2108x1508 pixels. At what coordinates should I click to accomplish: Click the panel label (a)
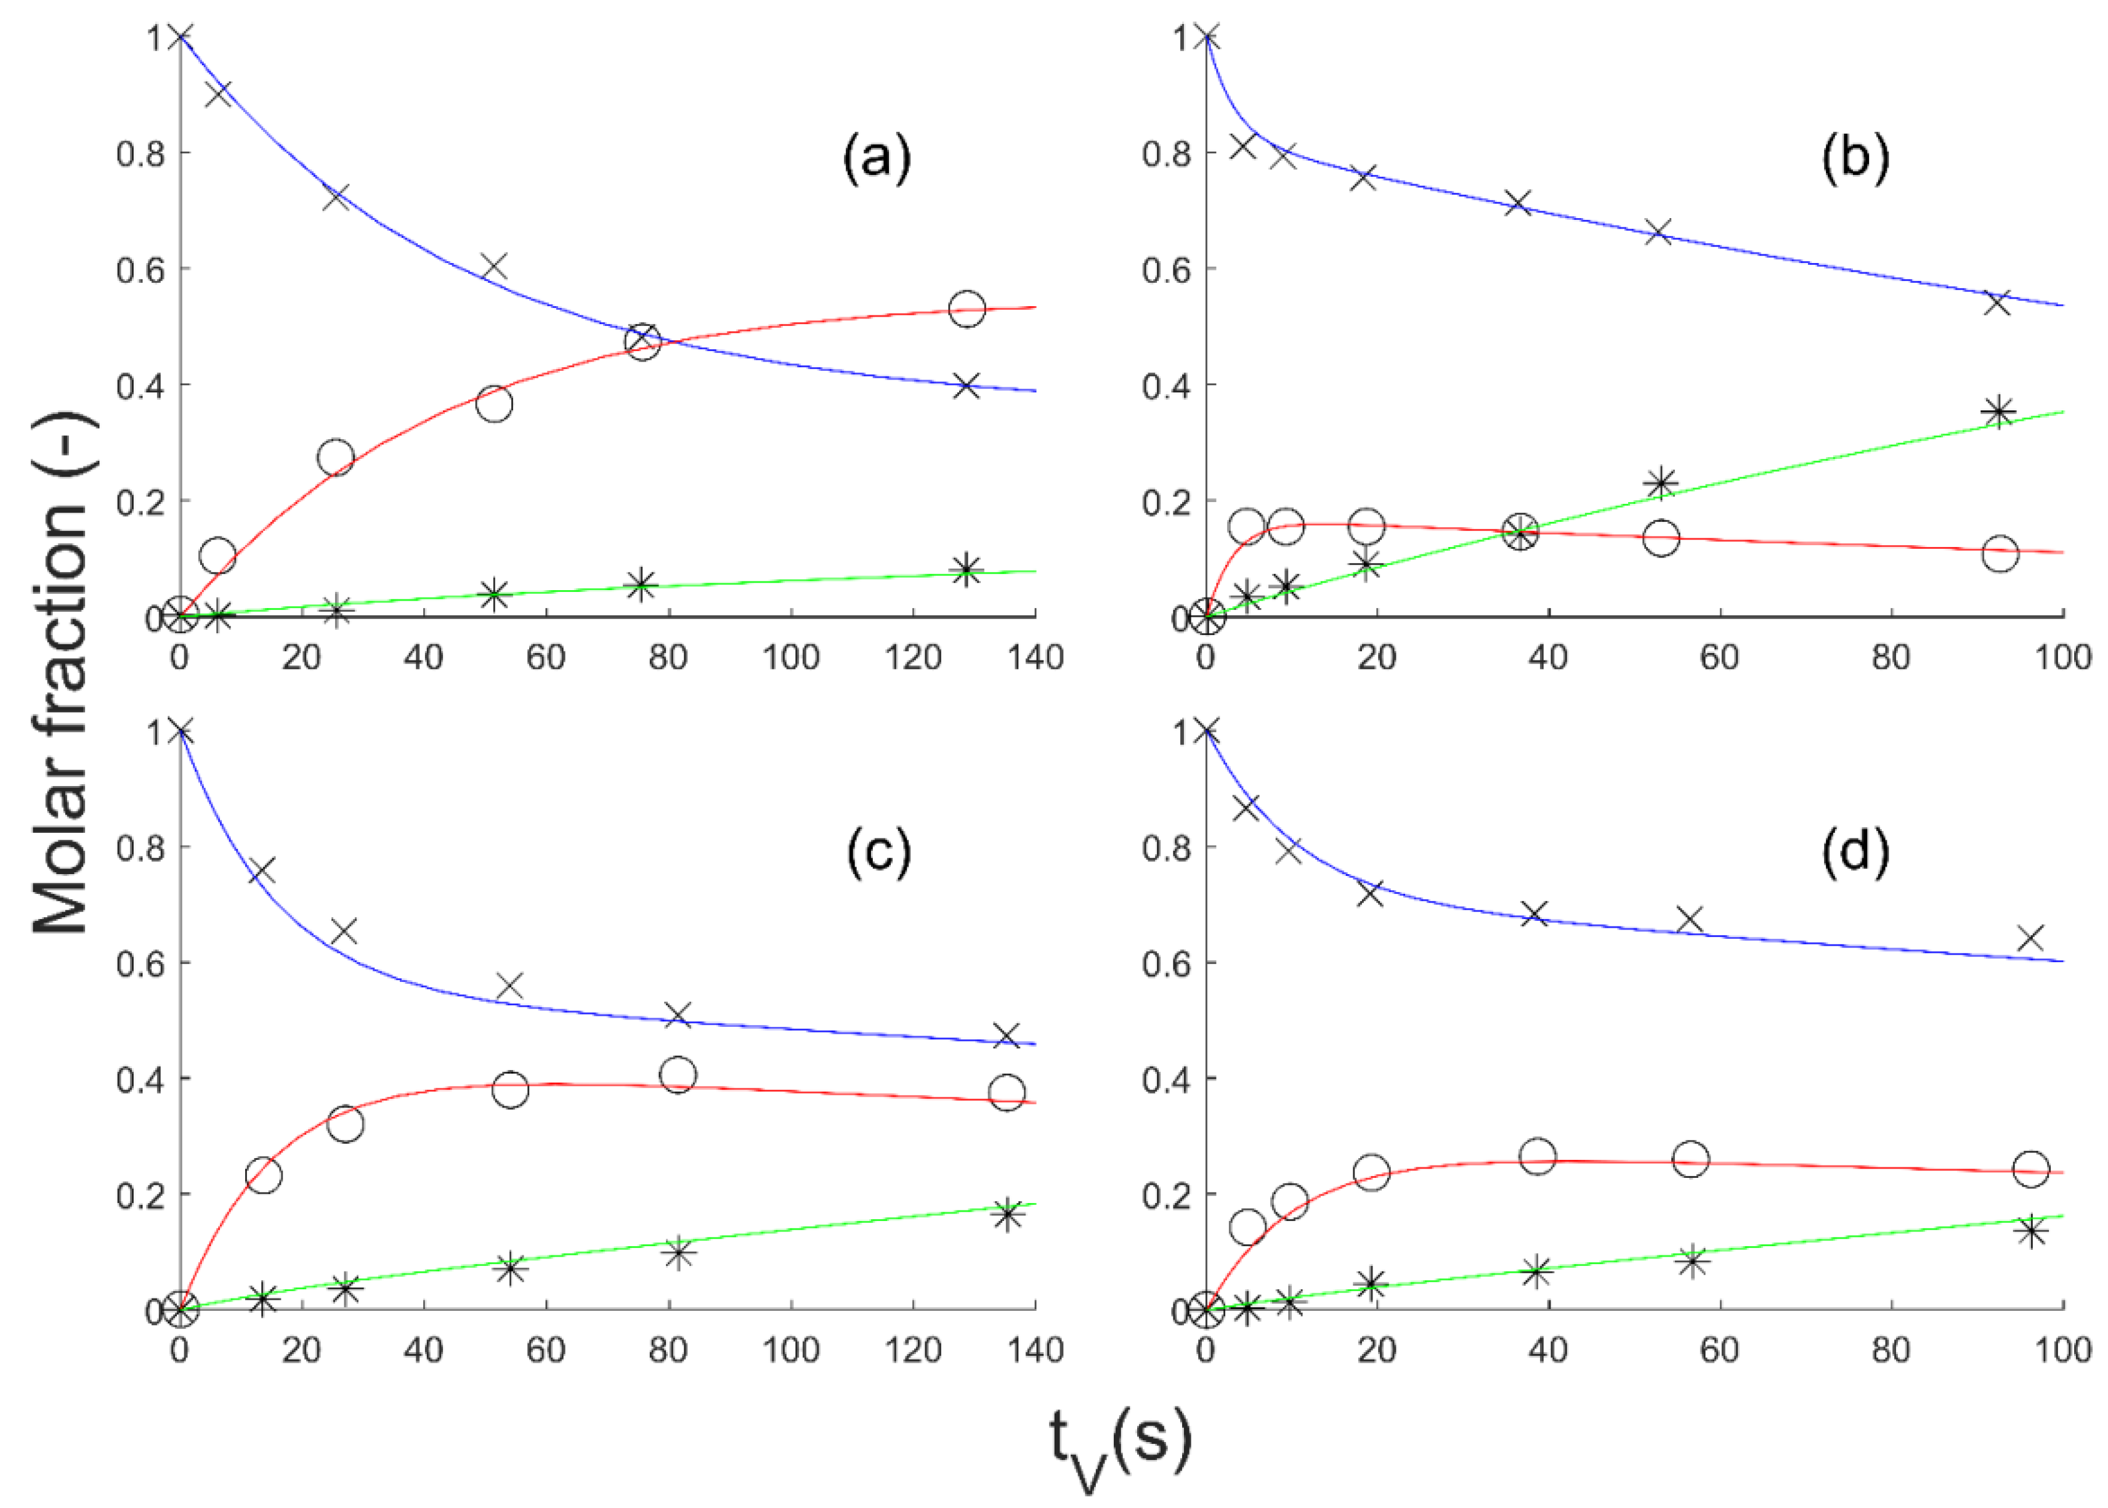pos(876,158)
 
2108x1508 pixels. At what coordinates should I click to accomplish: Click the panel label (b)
pos(1854,158)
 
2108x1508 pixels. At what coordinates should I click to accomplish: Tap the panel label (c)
pos(878,851)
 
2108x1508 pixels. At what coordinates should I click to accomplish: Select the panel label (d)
pos(1854,851)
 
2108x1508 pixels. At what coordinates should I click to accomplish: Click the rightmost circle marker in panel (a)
pos(967,308)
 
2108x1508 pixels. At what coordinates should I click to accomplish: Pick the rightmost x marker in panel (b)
pos(1997,302)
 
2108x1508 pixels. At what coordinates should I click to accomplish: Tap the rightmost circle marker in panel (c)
pos(1007,1092)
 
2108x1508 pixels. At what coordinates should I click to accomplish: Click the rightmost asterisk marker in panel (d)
pos(2031,1232)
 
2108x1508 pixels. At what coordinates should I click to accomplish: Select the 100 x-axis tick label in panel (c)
pos(790,1350)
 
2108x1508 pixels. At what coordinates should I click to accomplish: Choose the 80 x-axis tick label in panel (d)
pos(1891,1350)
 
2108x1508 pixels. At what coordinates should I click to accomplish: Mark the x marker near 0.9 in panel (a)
pos(217,94)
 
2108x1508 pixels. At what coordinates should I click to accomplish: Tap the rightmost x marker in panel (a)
pos(967,386)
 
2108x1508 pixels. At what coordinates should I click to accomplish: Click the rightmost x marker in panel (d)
pos(2031,938)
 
